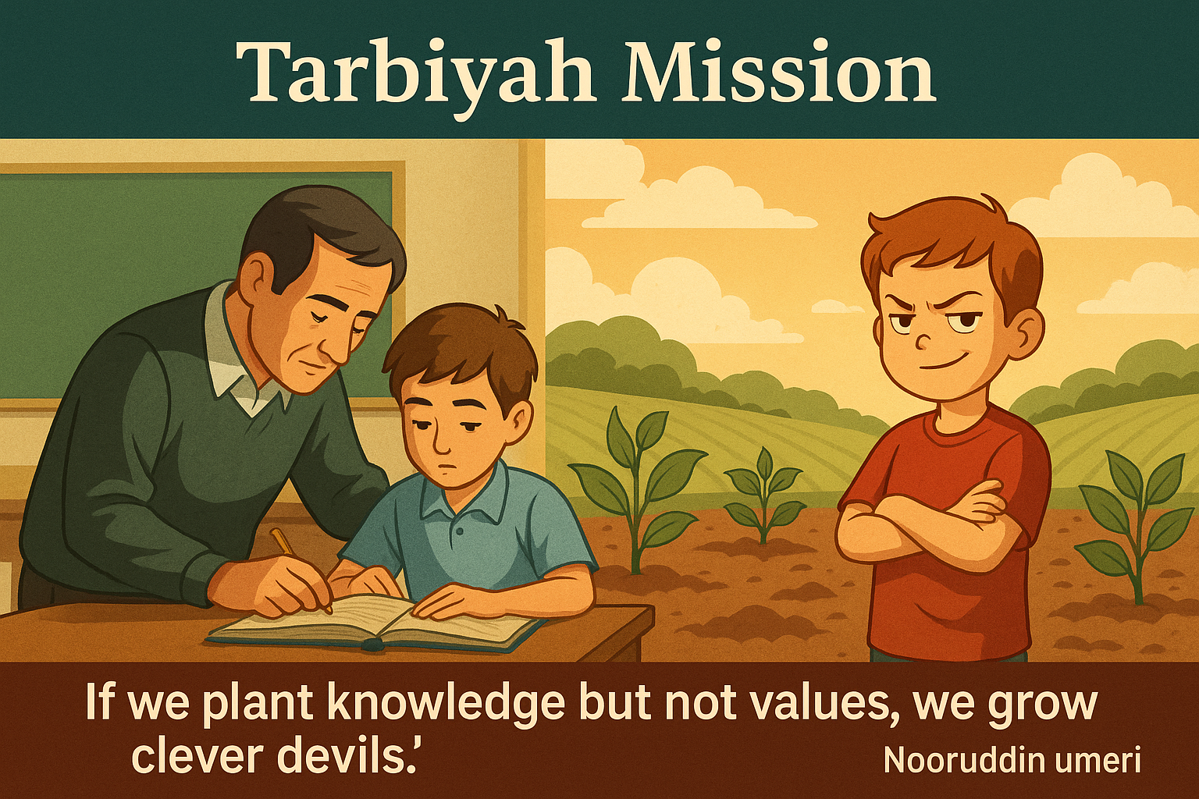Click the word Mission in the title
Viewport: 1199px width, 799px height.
[777, 70]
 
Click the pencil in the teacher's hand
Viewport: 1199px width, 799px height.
[301, 568]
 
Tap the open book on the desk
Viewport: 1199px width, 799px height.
[375, 621]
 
